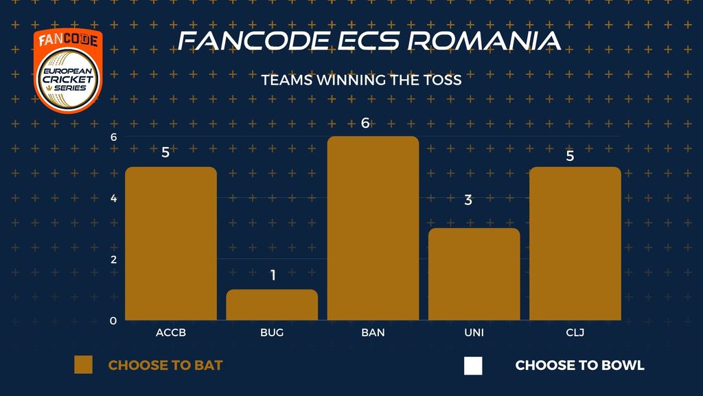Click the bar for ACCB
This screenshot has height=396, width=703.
click(x=171, y=243)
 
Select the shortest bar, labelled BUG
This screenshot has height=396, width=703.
click(x=272, y=305)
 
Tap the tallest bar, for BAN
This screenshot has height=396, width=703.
click(x=373, y=228)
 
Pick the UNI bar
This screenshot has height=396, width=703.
click(x=474, y=274)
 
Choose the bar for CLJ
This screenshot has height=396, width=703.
click(x=575, y=243)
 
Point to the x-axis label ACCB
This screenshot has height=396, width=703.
click(x=171, y=333)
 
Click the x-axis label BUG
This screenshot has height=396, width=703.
click(x=272, y=333)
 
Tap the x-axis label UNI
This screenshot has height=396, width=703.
click(x=474, y=333)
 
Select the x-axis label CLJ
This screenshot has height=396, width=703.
click(x=575, y=333)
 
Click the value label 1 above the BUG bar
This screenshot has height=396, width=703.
click(x=273, y=275)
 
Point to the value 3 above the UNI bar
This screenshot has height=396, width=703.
click(x=468, y=200)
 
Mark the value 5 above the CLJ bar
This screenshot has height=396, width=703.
click(x=570, y=156)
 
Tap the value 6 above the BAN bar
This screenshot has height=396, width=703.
click(x=365, y=123)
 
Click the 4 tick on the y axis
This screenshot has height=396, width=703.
click(x=113, y=198)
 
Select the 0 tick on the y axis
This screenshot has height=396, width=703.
click(x=113, y=320)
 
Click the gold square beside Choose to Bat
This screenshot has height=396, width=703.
click(x=83, y=364)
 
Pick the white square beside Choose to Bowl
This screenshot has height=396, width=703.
click(x=473, y=366)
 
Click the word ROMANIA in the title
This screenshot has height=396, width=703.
click(x=484, y=41)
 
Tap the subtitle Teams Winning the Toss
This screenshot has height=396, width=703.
click(x=361, y=80)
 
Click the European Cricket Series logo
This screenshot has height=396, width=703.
click(x=68, y=71)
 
